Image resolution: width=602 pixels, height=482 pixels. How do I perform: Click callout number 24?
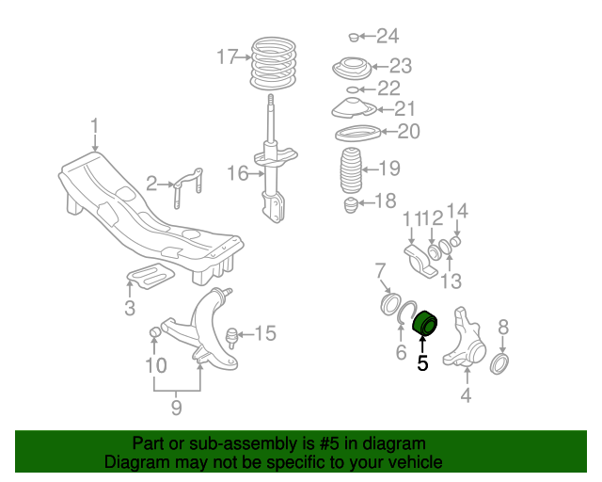tap(387, 37)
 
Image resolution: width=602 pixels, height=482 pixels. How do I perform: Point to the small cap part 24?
tap(352, 37)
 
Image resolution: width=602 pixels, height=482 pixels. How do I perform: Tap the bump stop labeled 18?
tap(351, 204)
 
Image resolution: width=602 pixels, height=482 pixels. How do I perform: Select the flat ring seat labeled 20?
tap(355, 133)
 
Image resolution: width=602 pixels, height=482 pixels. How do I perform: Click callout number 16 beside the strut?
tap(237, 173)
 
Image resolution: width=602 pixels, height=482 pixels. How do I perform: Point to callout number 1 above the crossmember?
tap(94, 125)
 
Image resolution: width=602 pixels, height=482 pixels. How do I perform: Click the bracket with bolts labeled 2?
tap(186, 186)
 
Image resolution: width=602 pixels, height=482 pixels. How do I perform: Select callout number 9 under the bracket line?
tap(176, 408)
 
